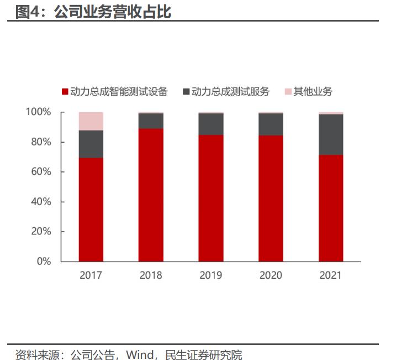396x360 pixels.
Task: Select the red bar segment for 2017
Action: (x=91, y=210)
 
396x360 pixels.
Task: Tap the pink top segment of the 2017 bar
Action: (x=91, y=121)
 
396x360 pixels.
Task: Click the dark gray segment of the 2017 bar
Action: (x=91, y=144)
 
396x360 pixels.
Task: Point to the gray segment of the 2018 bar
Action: (x=151, y=121)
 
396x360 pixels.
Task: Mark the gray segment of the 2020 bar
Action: (x=271, y=124)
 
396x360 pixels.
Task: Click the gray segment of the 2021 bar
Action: (x=331, y=134)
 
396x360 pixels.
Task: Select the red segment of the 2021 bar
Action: (x=331, y=208)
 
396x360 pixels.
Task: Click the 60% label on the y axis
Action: (x=40, y=172)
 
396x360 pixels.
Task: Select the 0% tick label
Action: (x=44, y=261)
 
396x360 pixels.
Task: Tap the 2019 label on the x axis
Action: (x=211, y=275)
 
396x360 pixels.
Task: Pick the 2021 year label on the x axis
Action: (x=331, y=275)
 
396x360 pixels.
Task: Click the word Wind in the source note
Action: (x=138, y=354)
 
